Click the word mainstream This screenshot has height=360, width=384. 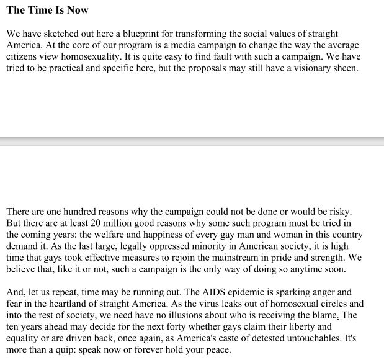pyautogui.click(x=232, y=258)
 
